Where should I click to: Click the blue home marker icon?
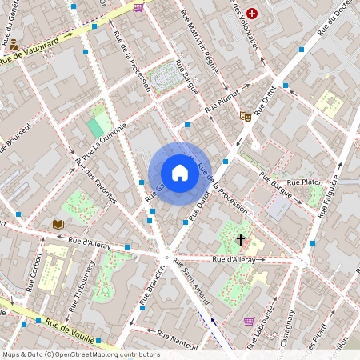pos(179,172)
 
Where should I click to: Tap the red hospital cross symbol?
pos(253,14)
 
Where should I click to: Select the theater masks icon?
pos(246,116)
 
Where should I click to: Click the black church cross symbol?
pos(240,239)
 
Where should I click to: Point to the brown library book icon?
pos(58,224)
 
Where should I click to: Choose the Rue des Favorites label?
pos(95,178)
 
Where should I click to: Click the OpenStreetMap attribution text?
pos(80,354)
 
